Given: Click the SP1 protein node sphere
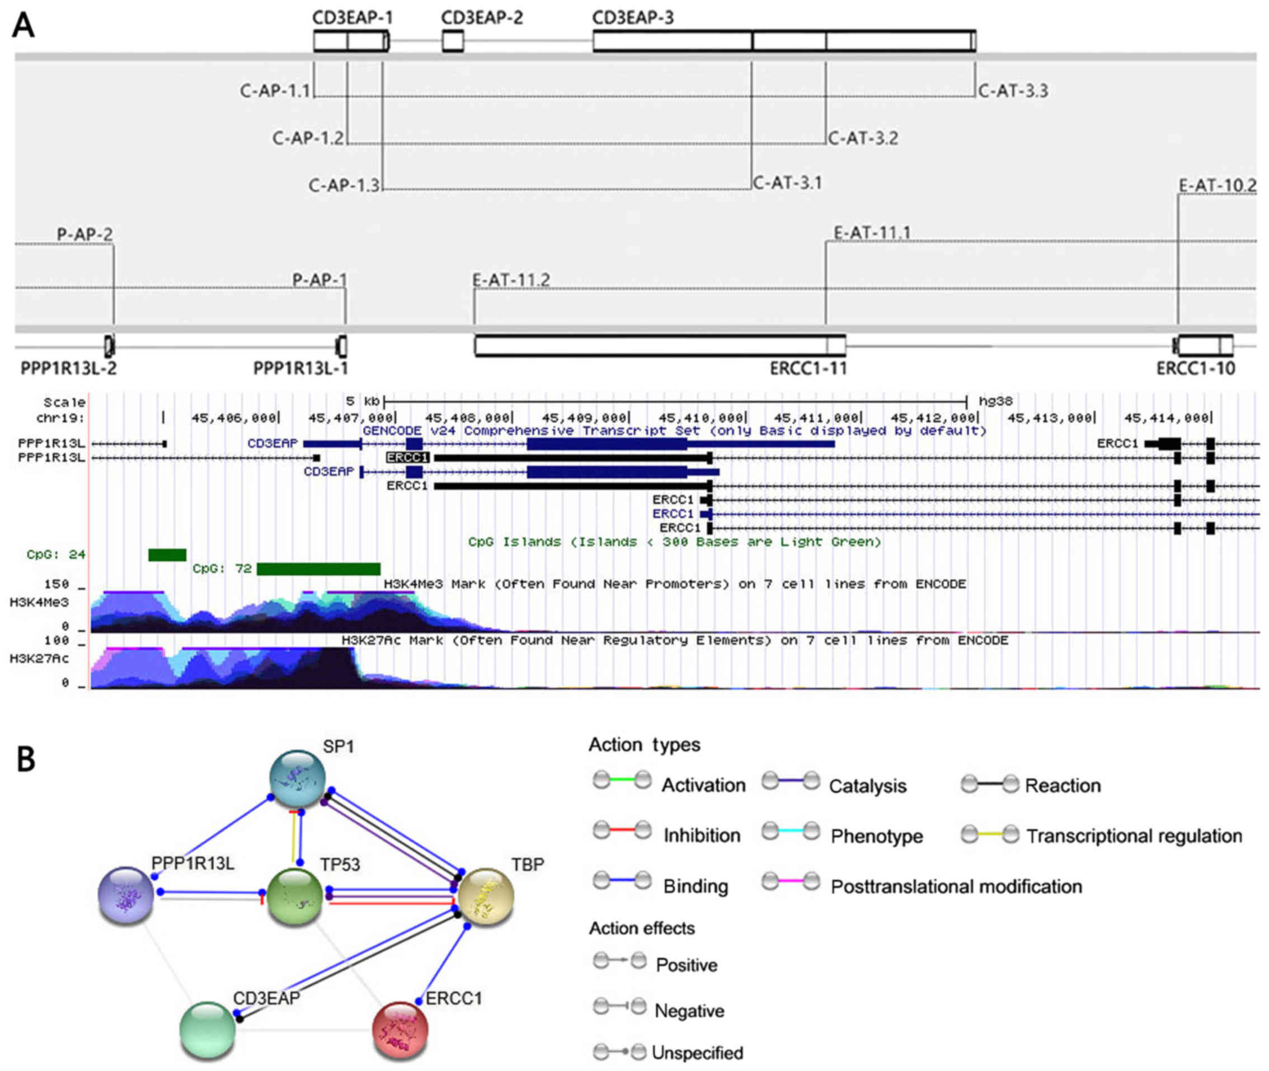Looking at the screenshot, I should click(298, 778).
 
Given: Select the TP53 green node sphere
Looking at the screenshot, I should click(295, 897).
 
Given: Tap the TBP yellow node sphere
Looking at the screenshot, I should click(486, 897).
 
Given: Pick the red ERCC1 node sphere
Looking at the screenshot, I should click(400, 1030).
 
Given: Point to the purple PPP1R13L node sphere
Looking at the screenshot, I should click(126, 895).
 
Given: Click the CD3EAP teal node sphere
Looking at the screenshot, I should click(208, 1030).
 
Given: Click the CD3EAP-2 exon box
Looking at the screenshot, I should click(452, 41).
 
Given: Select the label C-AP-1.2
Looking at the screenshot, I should click(308, 138).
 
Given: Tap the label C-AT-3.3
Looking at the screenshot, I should click(1013, 91).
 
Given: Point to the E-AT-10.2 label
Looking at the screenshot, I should click(1217, 186).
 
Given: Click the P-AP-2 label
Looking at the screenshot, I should click(85, 234).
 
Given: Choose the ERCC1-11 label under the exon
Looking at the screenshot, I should click(807, 369).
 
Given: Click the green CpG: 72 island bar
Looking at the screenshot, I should click(318, 569).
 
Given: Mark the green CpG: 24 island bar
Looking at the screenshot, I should click(167, 555).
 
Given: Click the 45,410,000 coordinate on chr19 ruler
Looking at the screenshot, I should click(701, 418).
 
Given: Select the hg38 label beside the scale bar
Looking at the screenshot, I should click(995, 401).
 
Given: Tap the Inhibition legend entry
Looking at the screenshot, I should click(701, 835).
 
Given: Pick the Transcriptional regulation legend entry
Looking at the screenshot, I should click(1134, 835).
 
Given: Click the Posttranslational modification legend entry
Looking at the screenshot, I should click(956, 886).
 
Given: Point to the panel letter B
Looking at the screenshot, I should click(26, 759).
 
